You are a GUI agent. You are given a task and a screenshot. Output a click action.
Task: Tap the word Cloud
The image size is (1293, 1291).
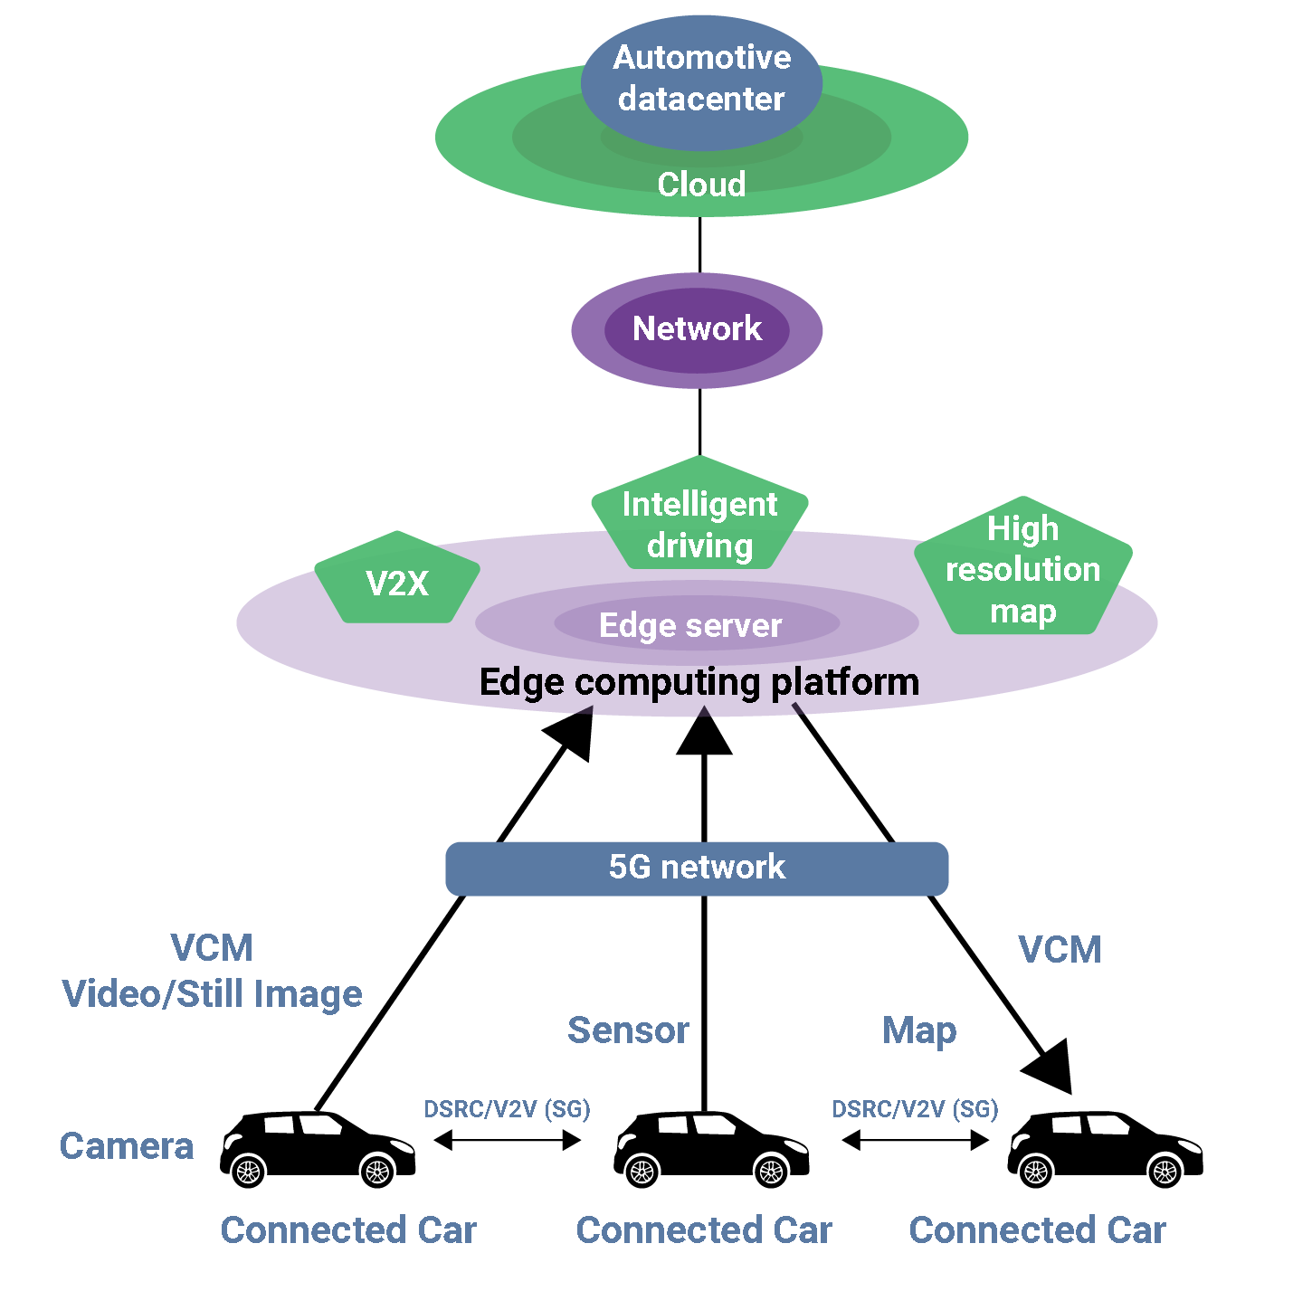[701, 185]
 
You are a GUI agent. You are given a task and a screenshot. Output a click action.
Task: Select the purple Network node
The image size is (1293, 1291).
[697, 329]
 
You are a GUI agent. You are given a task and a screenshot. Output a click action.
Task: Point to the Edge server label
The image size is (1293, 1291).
[690, 625]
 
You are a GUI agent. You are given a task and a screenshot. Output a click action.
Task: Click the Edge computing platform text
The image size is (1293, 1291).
[699, 682]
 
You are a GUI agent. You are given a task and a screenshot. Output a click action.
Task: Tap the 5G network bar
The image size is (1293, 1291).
[697, 868]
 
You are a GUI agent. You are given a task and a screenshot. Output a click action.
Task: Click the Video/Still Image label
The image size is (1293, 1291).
[213, 994]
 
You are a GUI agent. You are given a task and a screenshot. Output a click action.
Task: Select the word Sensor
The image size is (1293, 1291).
[628, 1030]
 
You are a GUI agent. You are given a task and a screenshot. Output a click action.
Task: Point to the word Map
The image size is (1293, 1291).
[918, 1030]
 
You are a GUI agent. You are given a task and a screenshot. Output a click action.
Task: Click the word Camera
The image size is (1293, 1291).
[127, 1146]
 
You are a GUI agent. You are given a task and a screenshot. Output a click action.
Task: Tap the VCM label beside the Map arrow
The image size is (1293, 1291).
[1060, 950]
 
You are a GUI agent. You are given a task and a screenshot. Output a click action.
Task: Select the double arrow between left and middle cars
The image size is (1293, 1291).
[507, 1140]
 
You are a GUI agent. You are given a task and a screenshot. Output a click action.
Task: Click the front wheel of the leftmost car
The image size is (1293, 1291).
[376, 1171]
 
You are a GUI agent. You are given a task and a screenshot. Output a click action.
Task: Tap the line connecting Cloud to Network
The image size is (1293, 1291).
[699, 244]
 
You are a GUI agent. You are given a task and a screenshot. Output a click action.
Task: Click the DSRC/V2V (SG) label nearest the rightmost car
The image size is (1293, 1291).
[915, 1109]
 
